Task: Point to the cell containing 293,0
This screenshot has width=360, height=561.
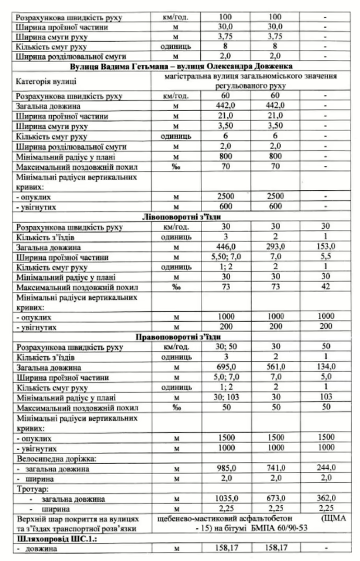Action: pyautogui.click(x=275, y=247)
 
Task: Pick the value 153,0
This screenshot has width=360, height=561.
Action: pyautogui.click(x=325, y=247)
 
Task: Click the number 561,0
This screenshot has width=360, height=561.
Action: pyautogui.click(x=275, y=367)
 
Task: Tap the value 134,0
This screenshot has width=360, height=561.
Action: pyautogui.click(x=325, y=367)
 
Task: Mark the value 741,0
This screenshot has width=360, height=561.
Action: pyautogui.click(x=275, y=468)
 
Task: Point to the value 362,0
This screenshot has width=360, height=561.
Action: pyautogui.click(x=325, y=498)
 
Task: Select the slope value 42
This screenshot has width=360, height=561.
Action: pyautogui.click(x=325, y=287)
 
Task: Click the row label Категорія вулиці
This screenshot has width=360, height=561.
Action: pyautogui.click(x=46, y=81)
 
